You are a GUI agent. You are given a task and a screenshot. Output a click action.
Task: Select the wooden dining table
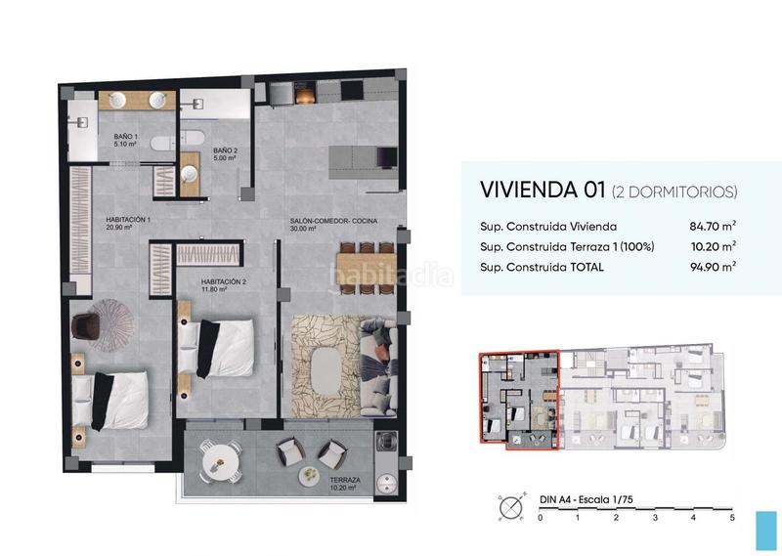click(x=366, y=266)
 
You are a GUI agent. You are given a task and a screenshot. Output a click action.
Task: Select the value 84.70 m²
click(x=710, y=226)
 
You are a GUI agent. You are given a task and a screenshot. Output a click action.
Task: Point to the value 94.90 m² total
click(x=710, y=265)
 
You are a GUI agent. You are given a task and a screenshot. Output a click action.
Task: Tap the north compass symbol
click(x=509, y=507)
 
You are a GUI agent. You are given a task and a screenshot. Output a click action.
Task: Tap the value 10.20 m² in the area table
click(x=710, y=245)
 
